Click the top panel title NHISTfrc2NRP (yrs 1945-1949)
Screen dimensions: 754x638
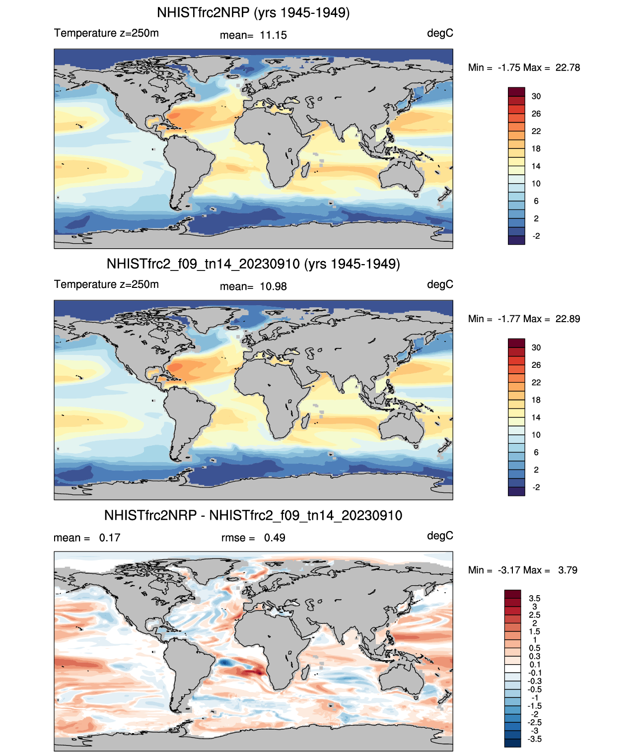point(253,12)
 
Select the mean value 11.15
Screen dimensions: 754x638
point(273,35)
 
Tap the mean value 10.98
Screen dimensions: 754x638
point(273,286)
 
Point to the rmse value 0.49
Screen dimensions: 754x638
point(275,538)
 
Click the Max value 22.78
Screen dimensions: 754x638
point(567,68)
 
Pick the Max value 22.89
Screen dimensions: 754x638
point(567,319)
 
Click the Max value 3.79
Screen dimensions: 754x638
point(567,570)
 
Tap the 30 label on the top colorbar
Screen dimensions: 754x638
point(536,96)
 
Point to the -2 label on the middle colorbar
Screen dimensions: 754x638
point(536,487)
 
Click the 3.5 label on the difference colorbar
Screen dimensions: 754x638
point(535,599)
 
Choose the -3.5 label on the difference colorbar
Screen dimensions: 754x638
point(535,739)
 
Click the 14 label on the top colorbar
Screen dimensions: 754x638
point(536,166)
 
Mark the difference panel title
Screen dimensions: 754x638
point(253,515)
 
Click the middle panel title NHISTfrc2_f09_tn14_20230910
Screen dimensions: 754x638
point(253,264)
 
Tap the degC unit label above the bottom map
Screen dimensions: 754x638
point(440,536)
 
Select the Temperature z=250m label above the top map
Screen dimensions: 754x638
point(106,33)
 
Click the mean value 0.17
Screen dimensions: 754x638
point(110,538)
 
